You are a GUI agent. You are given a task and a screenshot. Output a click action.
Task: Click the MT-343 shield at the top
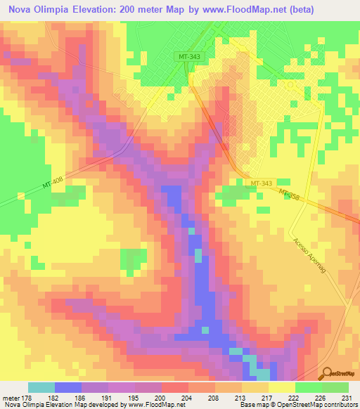(x=189, y=56)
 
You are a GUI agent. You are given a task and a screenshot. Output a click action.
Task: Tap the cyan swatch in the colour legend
(x=41, y=387)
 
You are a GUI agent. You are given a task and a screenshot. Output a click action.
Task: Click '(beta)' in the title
(x=307, y=9)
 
